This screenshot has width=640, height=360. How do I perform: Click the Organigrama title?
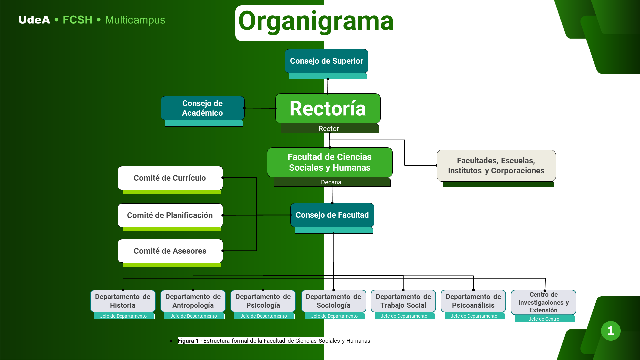coord(316,21)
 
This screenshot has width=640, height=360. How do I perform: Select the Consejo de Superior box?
coord(326,61)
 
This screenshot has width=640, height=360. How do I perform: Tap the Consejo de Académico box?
coord(202,108)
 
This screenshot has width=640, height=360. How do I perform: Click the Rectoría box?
coord(328,108)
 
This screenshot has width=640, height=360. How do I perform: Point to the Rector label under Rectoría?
coord(329,129)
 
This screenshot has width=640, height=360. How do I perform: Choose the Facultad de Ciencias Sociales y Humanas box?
coord(330,162)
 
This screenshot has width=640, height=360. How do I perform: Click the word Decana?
coord(331,182)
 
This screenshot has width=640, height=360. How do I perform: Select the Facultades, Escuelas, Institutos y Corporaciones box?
coord(496,166)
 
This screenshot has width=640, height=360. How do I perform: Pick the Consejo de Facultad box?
coord(332,215)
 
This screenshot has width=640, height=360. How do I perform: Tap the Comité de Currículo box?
coord(170,178)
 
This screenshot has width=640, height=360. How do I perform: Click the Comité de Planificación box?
coord(170,215)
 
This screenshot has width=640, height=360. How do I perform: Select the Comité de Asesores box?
coord(170,251)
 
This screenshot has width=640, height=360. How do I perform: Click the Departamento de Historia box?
coord(123,301)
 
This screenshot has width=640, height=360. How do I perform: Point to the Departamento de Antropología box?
coord(193,301)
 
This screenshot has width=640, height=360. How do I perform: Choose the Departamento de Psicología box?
coord(263,301)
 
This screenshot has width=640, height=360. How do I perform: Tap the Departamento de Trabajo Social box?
coord(403,301)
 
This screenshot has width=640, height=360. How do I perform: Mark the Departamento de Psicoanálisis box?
coord(473,301)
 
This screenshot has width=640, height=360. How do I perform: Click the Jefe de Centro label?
coord(544,319)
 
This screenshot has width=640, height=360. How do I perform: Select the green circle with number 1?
coord(611,331)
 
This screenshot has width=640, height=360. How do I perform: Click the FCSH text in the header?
coord(77,20)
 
